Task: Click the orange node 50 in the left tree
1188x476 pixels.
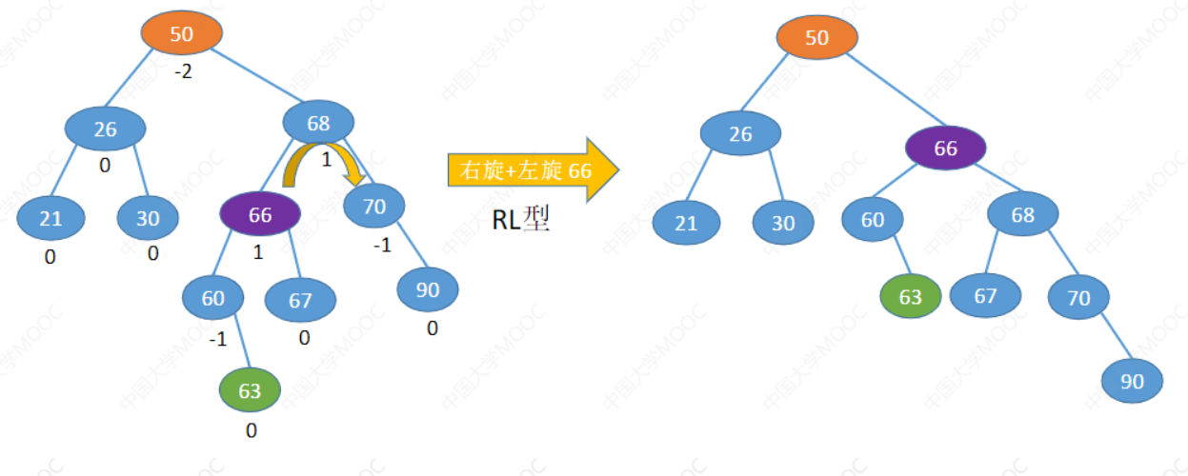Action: click(x=181, y=34)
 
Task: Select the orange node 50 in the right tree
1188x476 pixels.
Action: click(x=816, y=38)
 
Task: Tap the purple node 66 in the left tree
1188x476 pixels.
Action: click(x=260, y=214)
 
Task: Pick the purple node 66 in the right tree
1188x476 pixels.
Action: click(x=944, y=149)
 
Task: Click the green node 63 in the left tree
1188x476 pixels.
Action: click(x=250, y=390)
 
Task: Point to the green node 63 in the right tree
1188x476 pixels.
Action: click(x=910, y=296)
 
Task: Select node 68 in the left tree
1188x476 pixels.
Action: click(x=318, y=123)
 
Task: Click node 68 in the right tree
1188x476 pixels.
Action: click(x=1022, y=215)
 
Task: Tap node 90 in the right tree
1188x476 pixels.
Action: click(x=1132, y=381)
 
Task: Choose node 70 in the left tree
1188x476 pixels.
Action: click(x=373, y=206)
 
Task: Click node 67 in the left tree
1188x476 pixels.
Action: click(x=300, y=301)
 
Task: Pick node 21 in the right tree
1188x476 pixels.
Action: click(x=686, y=224)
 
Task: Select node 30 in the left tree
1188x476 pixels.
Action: click(x=148, y=218)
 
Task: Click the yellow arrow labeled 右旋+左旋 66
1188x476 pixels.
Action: click(x=533, y=170)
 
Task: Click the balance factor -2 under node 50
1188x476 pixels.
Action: click(x=183, y=71)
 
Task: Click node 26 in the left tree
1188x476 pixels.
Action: click(x=105, y=129)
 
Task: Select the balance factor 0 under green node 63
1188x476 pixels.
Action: click(x=252, y=430)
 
